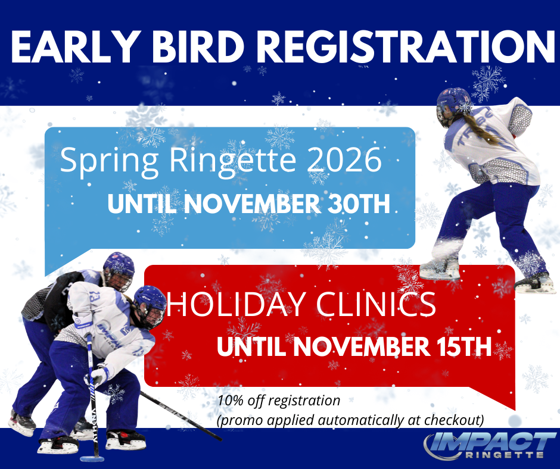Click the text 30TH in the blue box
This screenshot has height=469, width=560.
[x=359, y=204]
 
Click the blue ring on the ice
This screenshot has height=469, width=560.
[x=92, y=459]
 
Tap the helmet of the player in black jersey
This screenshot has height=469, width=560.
[x=119, y=270]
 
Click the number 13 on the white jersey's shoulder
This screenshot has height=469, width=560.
[x=95, y=296]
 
